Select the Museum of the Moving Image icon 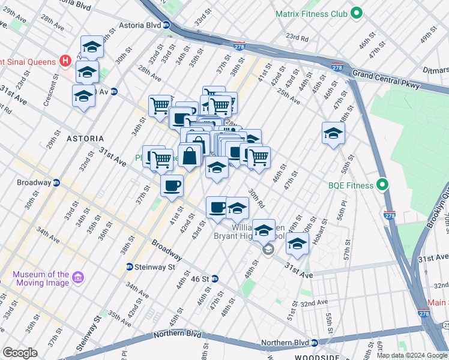click(x=78, y=278)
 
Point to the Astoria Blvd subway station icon click(x=167, y=25)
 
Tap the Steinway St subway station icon click(x=129, y=267)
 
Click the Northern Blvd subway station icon click(x=313, y=343)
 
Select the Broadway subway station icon click(x=56, y=182)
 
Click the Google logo click(x=20, y=352)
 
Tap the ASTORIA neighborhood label click(x=85, y=139)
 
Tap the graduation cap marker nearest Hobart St click(x=297, y=243)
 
